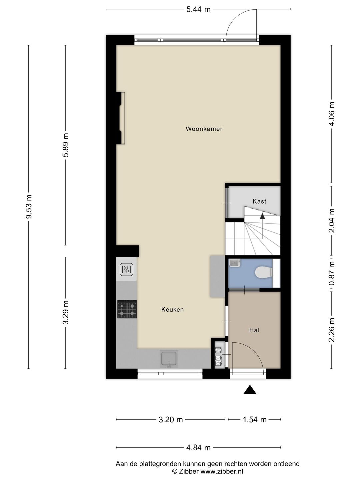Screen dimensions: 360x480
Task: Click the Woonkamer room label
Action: pyautogui.click(x=204, y=129)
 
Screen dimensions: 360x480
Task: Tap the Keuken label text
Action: pyautogui.click(x=172, y=309)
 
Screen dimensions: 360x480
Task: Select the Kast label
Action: pyautogui.click(x=259, y=201)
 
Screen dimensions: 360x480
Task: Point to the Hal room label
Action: pyautogui.click(x=254, y=330)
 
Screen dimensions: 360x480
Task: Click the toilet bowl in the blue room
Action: pyautogui.click(x=264, y=273)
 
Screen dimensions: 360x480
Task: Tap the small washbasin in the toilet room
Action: pyautogui.click(x=235, y=262)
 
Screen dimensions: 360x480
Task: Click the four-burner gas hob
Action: pyautogui.click(x=127, y=309)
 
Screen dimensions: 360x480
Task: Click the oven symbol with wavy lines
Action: pyautogui.click(x=126, y=269)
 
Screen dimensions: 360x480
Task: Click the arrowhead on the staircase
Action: pyautogui.click(x=262, y=216)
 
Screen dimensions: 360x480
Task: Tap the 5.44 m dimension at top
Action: pyautogui.click(x=198, y=9)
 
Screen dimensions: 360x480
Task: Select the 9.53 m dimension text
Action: pyautogui.click(x=29, y=206)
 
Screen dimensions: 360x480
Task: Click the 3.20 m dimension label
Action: pyautogui.click(x=171, y=420)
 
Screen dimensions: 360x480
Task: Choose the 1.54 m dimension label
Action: pyautogui.click(x=255, y=420)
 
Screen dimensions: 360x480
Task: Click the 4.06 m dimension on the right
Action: pyautogui.click(x=332, y=114)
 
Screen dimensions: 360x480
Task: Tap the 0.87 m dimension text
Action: pyautogui.click(x=332, y=273)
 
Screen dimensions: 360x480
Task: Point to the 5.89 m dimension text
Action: pyautogui.click(x=66, y=145)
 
